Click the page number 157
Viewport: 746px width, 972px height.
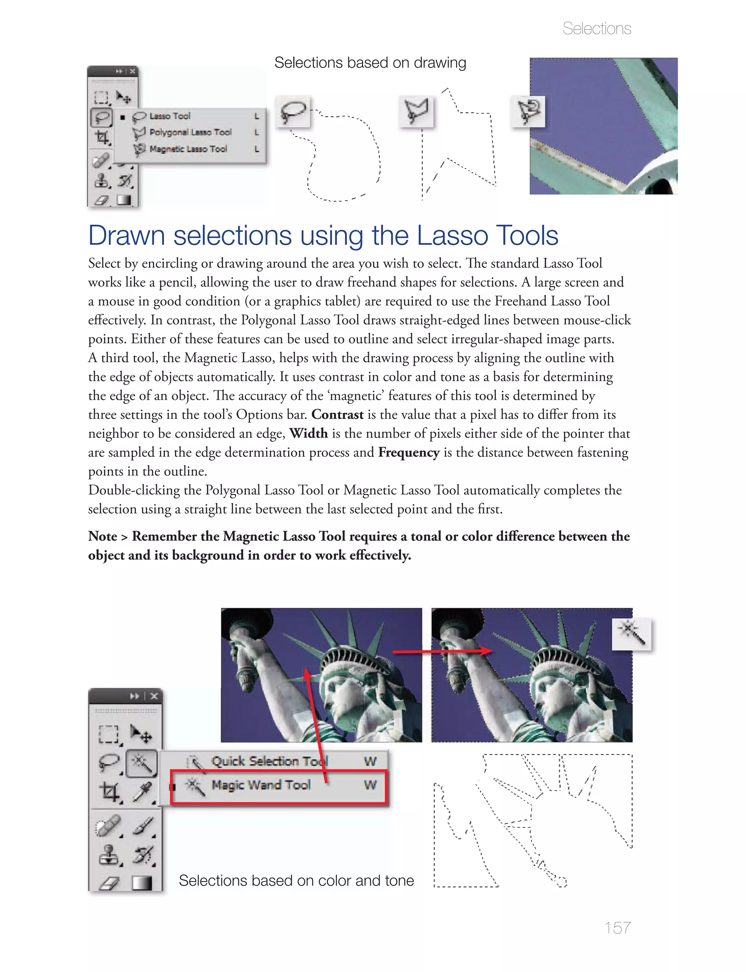[x=617, y=927]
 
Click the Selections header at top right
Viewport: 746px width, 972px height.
[x=596, y=28]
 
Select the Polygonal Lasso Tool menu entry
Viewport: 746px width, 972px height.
[x=190, y=132]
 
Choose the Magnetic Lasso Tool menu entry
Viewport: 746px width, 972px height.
[x=188, y=149]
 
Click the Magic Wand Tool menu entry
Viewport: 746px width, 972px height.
[x=261, y=785]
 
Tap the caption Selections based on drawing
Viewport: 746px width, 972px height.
[x=370, y=63]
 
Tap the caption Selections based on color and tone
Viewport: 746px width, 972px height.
[x=296, y=881]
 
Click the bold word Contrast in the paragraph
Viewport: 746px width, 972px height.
[x=337, y=414]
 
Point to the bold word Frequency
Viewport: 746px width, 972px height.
[x=409, y=452]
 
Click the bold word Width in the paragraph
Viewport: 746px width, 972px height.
[x=308, y=433]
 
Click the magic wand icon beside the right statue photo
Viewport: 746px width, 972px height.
[x=631, y=634]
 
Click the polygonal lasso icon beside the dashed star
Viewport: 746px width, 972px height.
[x=416, y=111]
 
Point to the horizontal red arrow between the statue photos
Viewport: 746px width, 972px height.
[x=442, y=651]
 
